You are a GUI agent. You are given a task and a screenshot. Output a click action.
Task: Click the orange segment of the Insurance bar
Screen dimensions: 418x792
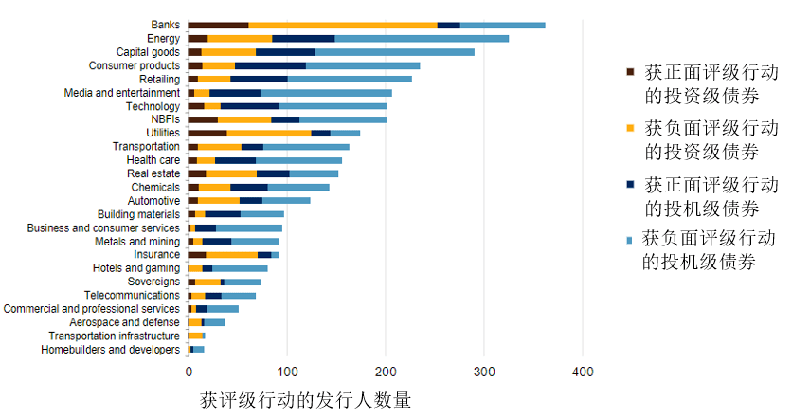[x=232, y=255]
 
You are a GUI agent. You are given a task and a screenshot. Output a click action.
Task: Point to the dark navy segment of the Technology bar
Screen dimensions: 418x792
[x=250, y=106]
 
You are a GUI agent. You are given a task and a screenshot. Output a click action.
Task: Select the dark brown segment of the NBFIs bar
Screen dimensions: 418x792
[x=203, y=119]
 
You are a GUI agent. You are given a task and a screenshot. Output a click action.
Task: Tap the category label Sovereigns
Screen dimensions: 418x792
[x=153, y=282]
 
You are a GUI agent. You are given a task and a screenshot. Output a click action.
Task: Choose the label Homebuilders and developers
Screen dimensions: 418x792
[x=110, y=350]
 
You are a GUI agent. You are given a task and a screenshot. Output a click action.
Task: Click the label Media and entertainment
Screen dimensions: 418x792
[x=121, y=93]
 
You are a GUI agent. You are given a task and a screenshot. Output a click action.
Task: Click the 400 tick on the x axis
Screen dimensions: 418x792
[x=583, y=372]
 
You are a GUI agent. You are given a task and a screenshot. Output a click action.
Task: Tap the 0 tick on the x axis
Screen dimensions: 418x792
[x=189, y=372]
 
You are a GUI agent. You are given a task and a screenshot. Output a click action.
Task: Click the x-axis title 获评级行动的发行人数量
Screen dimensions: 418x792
[x=306, y=400]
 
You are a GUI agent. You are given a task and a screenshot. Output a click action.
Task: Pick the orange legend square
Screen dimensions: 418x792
[x=630, y=127]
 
